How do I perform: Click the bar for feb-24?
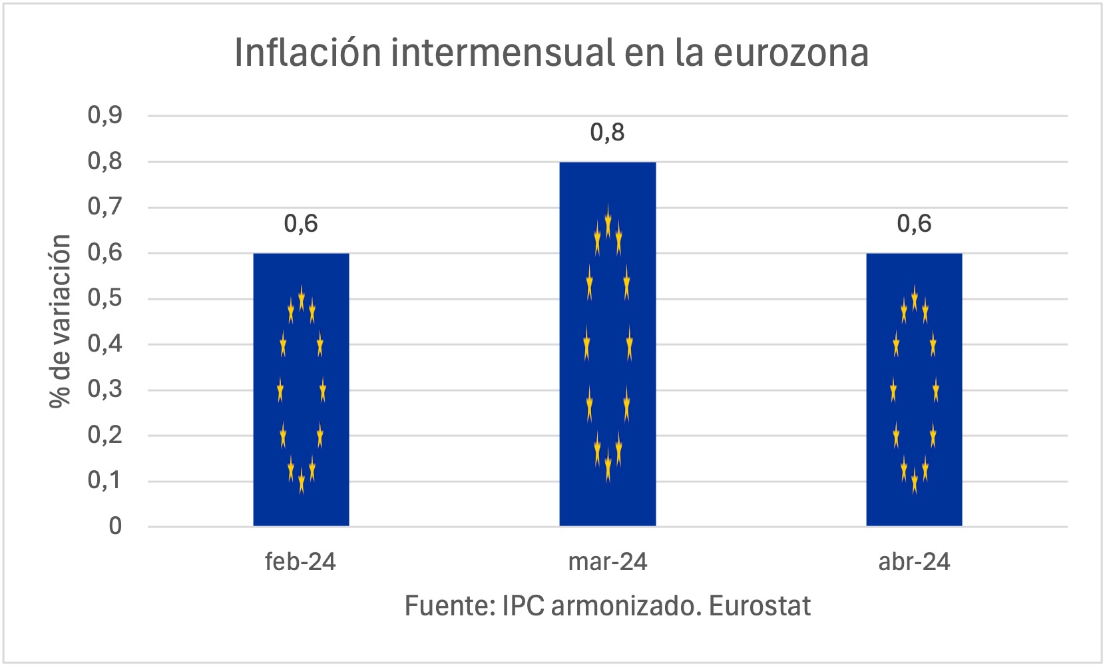(x=301, y=390)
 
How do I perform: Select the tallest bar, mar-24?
(x=607, y=344)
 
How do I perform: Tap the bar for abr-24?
(x=914, y=390)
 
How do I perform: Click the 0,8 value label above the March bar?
(x=607, y=133)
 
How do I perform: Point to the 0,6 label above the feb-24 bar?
(x=301, y=224)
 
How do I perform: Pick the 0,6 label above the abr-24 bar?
(x=914, y=224)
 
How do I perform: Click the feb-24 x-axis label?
(x=300, y=562)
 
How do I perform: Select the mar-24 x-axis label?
(x=607, y=562)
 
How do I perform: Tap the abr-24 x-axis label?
(x=914, y=562)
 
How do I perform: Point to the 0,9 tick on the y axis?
(x=105, y=115)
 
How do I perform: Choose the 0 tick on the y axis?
(x=115, y=527)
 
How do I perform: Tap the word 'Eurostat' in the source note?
(x=760, y=606)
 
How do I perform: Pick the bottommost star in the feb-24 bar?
(x=302, y=481)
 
